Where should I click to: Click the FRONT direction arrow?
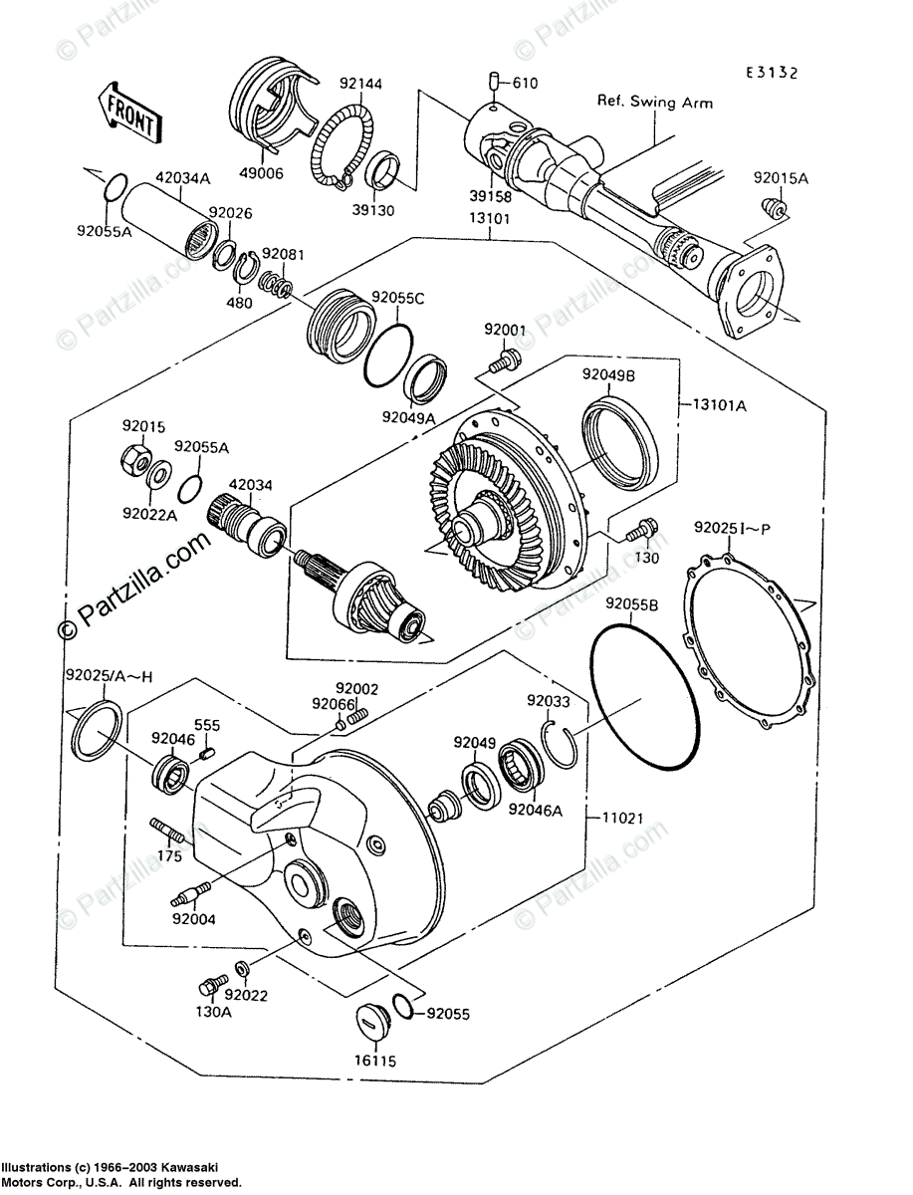point(127,113)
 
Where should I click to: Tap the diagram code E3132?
point(773,72)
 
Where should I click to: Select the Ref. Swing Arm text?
point(654,102)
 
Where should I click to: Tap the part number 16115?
point(375,1061)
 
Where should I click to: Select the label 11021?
point(621,819)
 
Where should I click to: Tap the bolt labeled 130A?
point(208,986)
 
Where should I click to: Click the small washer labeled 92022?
point(242,968)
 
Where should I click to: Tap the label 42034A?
point(182,178)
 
